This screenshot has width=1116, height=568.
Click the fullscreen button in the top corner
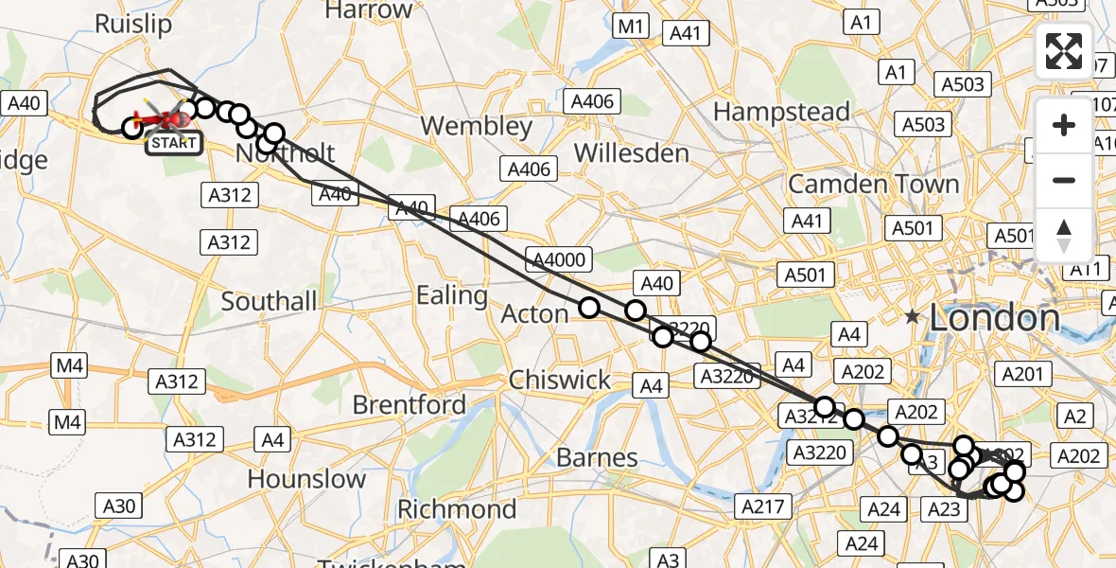click(x=1064, y=50)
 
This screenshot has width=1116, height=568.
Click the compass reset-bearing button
click(x=1064, y=236)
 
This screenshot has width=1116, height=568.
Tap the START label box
click(x=172, y=144)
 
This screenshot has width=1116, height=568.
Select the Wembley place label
click(x=477, y=126)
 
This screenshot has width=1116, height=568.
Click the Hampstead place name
click(x=781, y=112)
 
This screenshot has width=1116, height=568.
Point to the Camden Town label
click(x=873, y=184)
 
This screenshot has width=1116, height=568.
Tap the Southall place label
click(x=269, y=302)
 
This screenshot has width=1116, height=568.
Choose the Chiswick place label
click(x=560, y=380)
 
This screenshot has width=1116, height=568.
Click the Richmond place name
click(x=457, y=509)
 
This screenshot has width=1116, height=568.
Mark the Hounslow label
click(x=306, y=479)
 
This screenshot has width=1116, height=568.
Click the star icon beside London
click(x=913, y=317)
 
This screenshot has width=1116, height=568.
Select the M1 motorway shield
click(x=630, y=27)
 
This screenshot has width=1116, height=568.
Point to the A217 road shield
click(x=763, y=506)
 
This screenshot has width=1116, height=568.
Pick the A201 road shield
click(x=1021, y=375)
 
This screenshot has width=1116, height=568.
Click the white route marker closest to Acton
click(x=589, y=308)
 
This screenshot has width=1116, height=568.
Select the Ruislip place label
click(x=133, y=24)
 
